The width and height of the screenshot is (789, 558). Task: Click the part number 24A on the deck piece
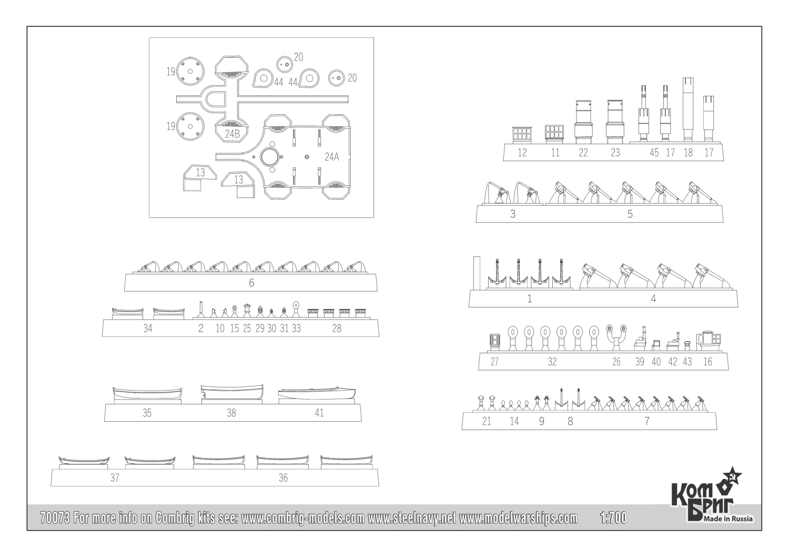click(332, 157)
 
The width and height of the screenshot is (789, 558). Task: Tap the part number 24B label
click(232, 134)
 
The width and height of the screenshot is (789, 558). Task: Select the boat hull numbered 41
click(317, 393)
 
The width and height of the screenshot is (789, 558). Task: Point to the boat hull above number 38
click(232, 392)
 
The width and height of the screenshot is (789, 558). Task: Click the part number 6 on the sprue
click(251, 283)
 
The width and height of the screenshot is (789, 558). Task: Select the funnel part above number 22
click(583, 122)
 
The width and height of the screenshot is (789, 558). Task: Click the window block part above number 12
click(522, 135)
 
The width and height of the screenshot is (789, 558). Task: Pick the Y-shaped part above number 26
click(616, 337)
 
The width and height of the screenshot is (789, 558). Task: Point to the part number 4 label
click(653, 299)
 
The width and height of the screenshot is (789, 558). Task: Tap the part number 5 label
click(630, 214)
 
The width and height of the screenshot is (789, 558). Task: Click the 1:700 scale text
click(613, 518)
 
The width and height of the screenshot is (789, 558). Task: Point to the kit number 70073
click(55, 518)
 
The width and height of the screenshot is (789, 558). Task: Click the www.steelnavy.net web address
click(411, 518)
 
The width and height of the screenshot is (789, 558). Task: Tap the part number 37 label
click(115, 477)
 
